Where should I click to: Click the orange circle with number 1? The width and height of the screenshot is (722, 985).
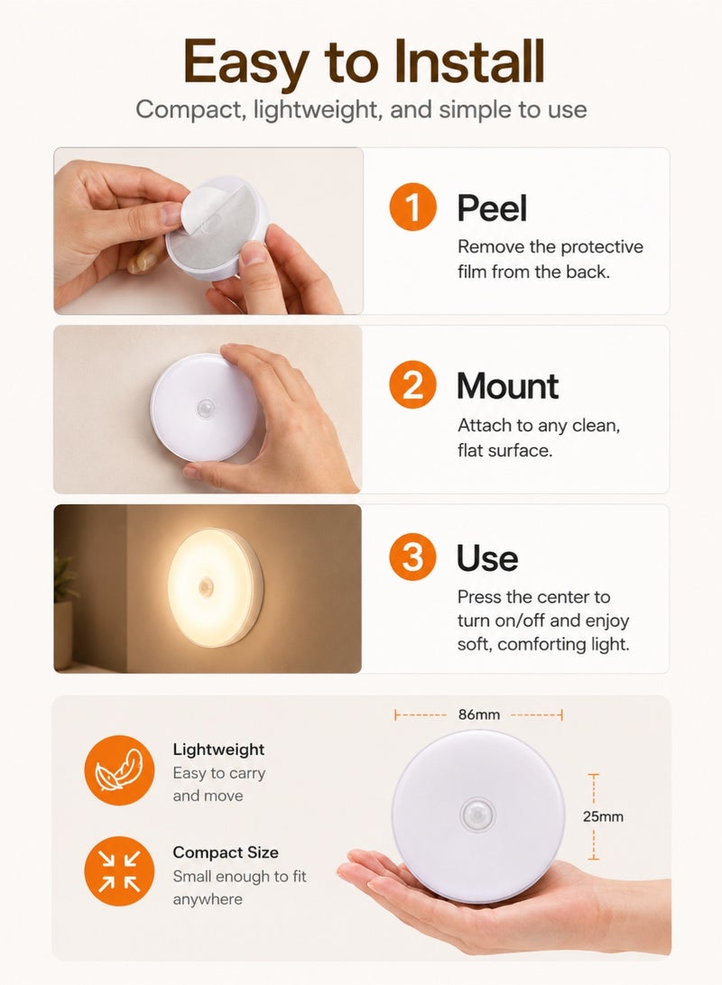point(412,207)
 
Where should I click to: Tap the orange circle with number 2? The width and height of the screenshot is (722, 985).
point(412,384)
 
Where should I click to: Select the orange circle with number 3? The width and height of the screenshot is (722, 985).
point(412,557)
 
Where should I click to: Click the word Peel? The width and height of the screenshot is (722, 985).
point(491,208)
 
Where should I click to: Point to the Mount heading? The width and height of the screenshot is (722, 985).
point(508,386)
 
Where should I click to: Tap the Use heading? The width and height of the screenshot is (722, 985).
point(487,557)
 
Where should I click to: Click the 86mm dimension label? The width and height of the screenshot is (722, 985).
point(479,715)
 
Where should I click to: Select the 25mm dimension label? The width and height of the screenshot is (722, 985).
point(603,816)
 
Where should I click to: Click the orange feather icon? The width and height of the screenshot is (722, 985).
point(119,770)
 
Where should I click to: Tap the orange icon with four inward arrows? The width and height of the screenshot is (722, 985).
point(119,870)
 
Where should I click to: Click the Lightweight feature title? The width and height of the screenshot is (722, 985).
point(218,750)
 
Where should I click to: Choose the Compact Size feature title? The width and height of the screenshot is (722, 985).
point(226,852)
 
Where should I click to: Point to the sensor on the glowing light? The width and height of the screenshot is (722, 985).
point(206,588)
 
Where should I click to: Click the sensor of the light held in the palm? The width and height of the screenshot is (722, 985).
point(477,816)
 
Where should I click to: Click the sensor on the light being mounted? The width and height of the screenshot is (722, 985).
point(206,410)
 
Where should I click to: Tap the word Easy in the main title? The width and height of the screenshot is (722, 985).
point(245,63)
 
